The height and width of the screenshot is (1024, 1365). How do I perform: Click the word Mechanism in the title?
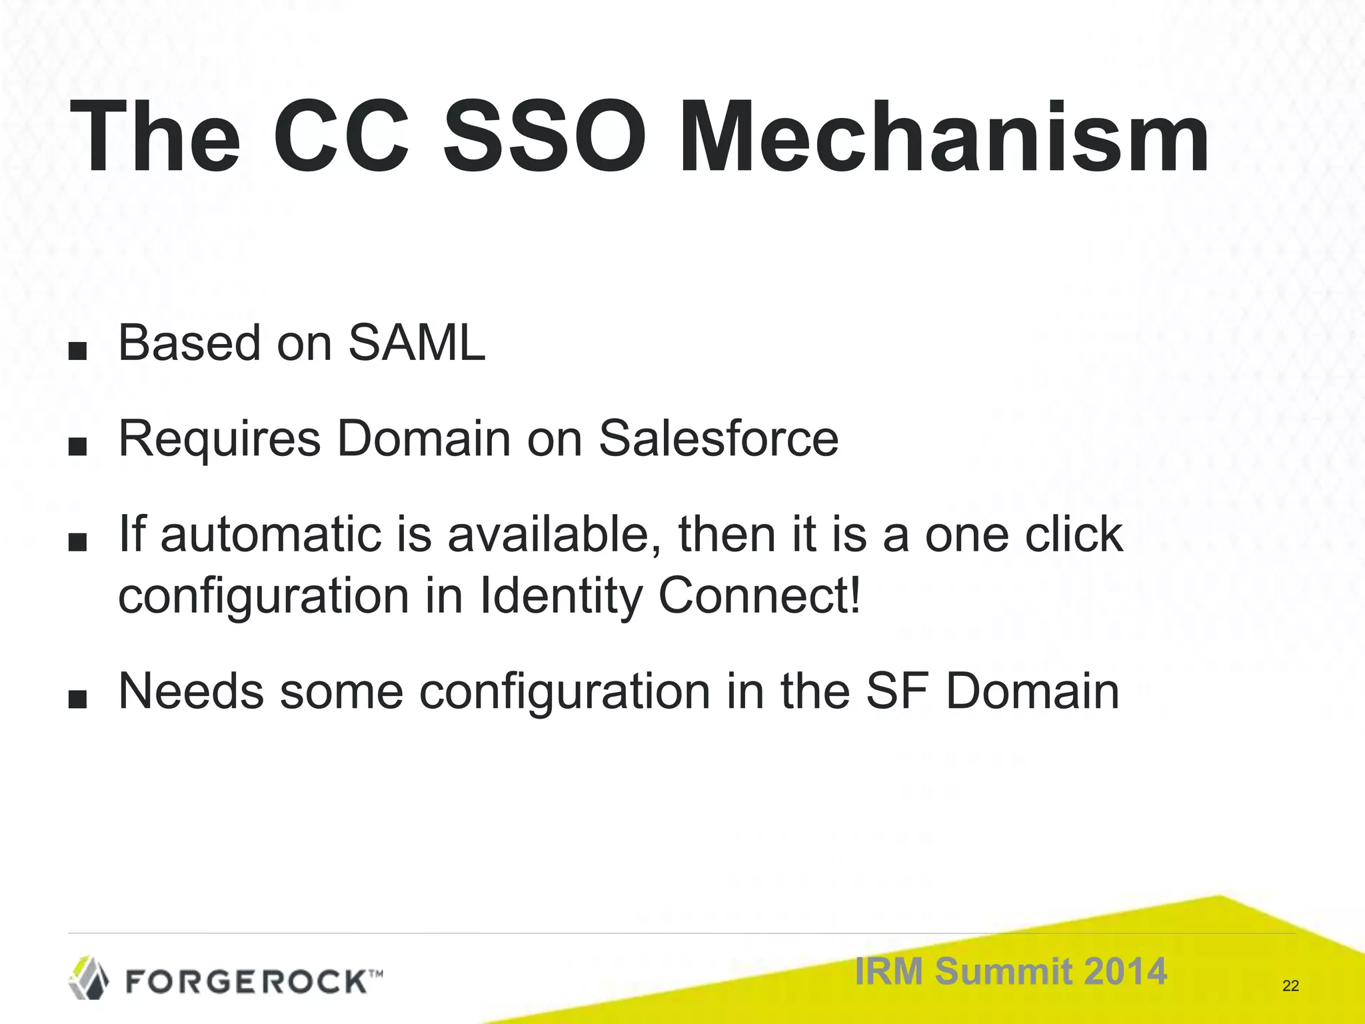(942, 137)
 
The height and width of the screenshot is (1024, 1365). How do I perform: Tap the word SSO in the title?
(544, 137)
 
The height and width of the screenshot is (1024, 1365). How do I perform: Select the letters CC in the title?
(341, 137)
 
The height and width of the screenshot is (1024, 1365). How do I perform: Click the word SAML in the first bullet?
(417, 343)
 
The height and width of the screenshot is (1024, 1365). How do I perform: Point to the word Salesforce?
(718, 439)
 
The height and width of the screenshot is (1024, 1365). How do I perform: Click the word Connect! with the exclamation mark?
(760, 597)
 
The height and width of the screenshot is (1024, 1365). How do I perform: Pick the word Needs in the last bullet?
(191, 692)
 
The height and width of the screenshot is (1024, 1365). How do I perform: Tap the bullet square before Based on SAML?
(78, 351)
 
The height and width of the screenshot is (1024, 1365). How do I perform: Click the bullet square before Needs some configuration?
(78, 699)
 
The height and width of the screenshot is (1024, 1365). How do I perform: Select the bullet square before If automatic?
(78, 543)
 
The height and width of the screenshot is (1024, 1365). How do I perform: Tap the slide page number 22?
(1290, 986)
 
